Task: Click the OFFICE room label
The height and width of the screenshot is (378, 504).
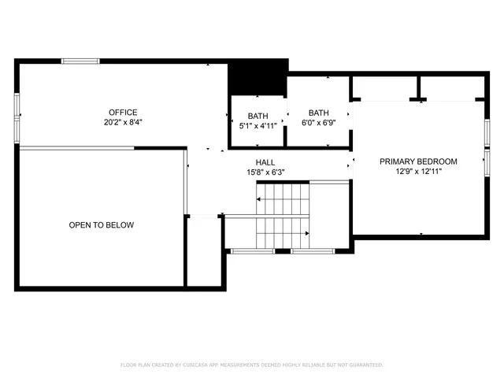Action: pyautogui.click(x=123, y=112)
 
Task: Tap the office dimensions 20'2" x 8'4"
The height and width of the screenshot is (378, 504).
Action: pyautogui.click(x=123, y=122)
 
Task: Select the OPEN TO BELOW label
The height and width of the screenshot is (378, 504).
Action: pyautogui.click(x=101, y=225)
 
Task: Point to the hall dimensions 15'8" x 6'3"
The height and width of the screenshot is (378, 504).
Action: pyautogui.click(x=265, y=172)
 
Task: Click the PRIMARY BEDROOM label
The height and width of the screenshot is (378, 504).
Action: pyautogui.click(x=418, y=161)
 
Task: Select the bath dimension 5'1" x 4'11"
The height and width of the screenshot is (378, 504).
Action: pyautogui.click(x=258, y=125)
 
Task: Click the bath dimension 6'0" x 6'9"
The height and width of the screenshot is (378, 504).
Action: pyautogui.click(x=318, y=123)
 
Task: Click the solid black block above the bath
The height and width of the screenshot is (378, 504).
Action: pyautogui.click(x=257, y=76)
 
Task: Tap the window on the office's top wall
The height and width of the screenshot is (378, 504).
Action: pyautogui.click(x=81, y=61)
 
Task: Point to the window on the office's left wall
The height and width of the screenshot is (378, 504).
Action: pyautogui.click(x=17, y=107)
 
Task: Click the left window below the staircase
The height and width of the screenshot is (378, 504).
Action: pyautogui.click(x=251, y=251)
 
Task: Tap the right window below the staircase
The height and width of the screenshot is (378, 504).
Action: pyautogui.click(x=313, y=251)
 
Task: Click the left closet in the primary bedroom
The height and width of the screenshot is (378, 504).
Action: pyautogui.click(x=384, y=87)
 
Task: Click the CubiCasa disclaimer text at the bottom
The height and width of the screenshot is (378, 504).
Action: pyautogui.click(x=252, y=365)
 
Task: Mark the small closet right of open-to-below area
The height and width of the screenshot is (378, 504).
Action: pyautogui.click(x=204, y=252)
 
